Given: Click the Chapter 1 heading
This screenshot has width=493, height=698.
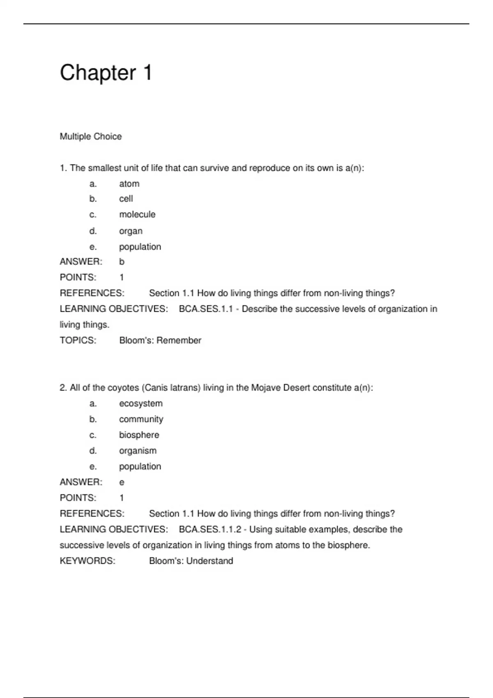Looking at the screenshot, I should (106, 73).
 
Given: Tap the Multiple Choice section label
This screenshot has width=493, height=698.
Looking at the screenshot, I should (91, 136).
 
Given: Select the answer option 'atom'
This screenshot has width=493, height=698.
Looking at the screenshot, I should (129, 184).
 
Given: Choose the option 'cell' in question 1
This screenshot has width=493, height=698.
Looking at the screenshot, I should (126, 199).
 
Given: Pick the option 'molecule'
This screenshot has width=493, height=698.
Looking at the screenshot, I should (137, 214).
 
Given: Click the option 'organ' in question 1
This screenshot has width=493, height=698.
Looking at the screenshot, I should (131, 231).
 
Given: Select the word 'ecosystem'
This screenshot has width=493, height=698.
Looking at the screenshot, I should (141, 404).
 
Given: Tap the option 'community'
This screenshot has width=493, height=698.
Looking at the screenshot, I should (141, 419).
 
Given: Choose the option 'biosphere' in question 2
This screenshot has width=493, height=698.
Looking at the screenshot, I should (139, 435).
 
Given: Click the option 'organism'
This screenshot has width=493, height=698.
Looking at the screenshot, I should (138, 451).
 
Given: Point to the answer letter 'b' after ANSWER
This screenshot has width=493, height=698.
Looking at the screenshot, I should (122, 262).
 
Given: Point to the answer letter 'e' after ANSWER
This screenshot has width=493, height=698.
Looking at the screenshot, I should (122, 482).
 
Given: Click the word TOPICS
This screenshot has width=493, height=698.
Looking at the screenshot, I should (78, 340).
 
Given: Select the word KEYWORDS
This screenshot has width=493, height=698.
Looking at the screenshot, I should (88, 561).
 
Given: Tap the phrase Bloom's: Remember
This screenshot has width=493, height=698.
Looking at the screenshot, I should (160, 340).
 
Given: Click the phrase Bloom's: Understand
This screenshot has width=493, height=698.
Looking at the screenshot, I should (191, 561).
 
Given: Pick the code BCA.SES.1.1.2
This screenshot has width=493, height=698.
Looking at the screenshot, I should (210, 529).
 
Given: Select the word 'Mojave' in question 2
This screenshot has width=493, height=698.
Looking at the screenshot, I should (265, 388).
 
